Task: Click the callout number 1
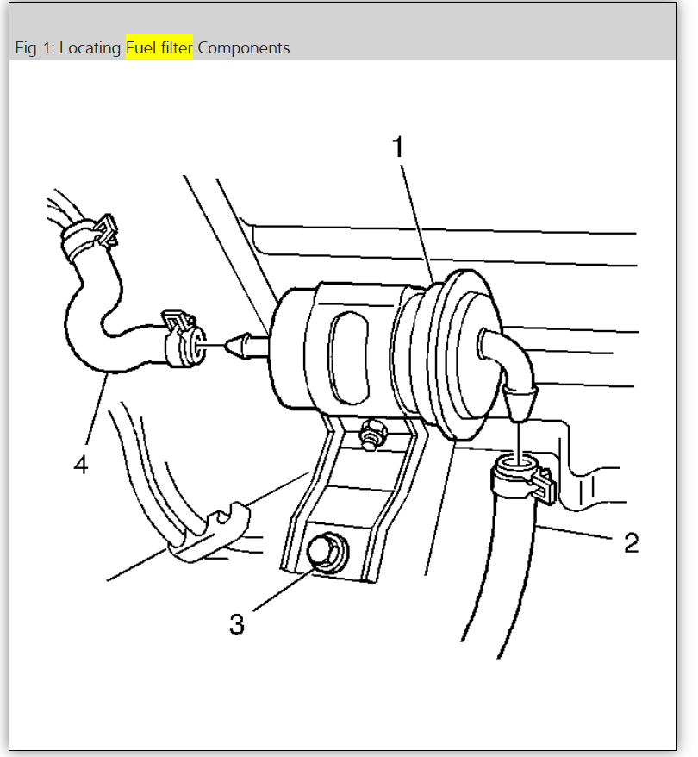tap(397, 148)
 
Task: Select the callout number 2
tap(631, 542)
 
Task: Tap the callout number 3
tap(237, 623)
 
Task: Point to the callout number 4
tap(80, 465)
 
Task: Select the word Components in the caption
tap(244, 47)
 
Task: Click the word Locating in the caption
tap(90, 47)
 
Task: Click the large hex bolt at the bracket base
tap(327, 553)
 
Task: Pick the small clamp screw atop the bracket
tap(373, 431)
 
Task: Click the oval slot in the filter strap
tap(349, 358)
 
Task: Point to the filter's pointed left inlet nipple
tap(244, 344)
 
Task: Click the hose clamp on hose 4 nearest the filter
tap(184, 337)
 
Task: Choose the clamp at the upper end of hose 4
tap(89, 229)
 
